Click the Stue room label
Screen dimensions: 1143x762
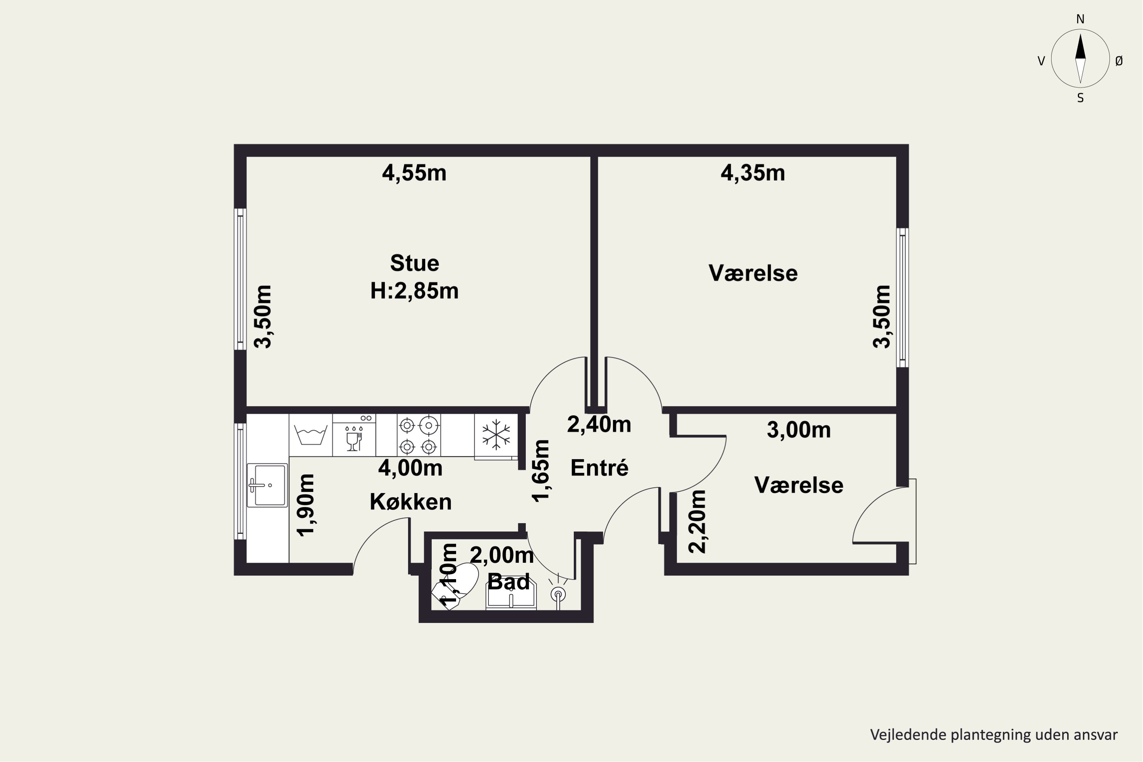[415, 263]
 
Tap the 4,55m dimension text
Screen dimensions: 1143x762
[414, 173]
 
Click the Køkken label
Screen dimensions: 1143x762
[411, 501]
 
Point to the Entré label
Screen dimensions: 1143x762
[599, 467]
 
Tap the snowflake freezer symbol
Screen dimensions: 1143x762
[496, 434]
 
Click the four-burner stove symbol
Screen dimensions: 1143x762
[418, 435]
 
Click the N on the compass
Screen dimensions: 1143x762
[1080, 19]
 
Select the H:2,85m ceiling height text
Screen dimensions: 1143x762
[415, 291]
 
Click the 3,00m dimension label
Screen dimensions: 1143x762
[799, 430]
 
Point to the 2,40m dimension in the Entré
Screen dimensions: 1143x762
[599, 425]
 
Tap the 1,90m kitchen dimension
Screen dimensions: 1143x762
[306, 506]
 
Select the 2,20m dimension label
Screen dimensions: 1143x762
[697, 522]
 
